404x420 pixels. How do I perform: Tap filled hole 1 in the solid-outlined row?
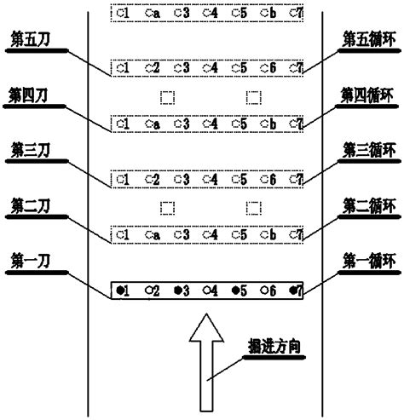[x=118, y=291]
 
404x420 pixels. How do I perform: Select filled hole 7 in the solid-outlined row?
[x=292, y=291]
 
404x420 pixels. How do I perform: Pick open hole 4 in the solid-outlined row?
[x=205, y=291]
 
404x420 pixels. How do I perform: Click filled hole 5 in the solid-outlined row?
[x=234, y=291]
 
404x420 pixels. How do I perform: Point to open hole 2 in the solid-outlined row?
[x=147, y=291]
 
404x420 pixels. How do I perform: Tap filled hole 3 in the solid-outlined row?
[x=176, y=291]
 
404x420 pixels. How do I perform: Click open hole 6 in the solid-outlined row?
[x=264, y=291]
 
